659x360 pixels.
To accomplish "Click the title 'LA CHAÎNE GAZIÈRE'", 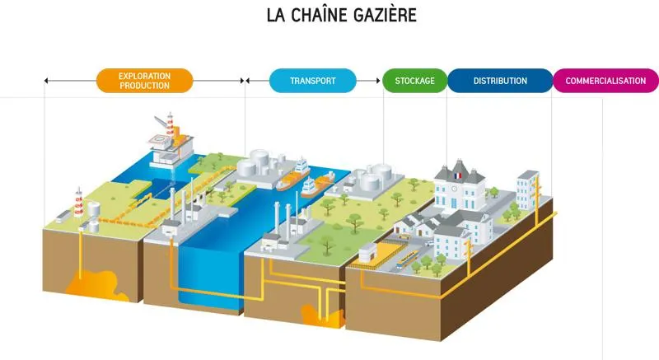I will (x=329, y=16).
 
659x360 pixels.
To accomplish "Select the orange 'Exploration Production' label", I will (x=144, y=80).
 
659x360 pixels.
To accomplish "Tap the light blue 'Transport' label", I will (x=312, y=81).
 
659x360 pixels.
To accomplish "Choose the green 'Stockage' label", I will (x=414, y=81).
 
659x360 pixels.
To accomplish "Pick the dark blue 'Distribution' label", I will (x=500, y=81).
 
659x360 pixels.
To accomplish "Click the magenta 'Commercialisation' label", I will (x=606, y=81).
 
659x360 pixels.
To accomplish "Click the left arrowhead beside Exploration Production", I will (x=46, y=81).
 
